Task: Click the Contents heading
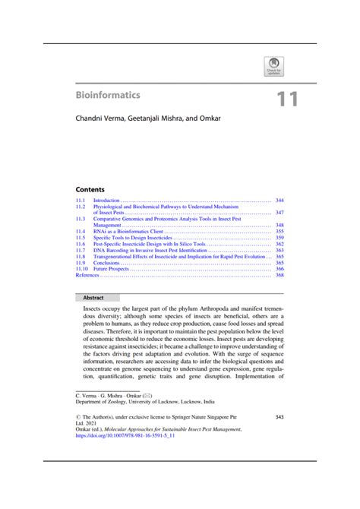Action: tap(90, 188)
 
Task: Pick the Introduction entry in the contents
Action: tap(107, 199)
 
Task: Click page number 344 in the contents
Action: tap(279, 199)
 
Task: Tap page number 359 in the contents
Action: tap(279, 237)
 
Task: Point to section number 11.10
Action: tap(82, 269)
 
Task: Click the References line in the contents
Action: tap(87, 275)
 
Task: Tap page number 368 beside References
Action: tap(279, 275)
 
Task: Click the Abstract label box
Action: tap(98, 298)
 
